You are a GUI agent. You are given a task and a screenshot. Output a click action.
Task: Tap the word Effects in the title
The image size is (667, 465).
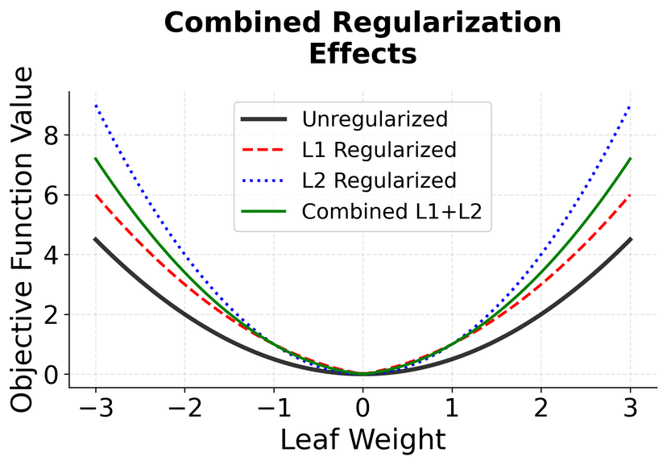click(x=362, y=55)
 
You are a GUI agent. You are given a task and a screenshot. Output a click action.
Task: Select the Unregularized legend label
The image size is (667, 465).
click(x=375, y=120)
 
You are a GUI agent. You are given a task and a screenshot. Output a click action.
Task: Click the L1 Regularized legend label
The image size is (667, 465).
click(x=379, y=150)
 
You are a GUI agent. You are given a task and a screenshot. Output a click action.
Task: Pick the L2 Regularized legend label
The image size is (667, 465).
click(x=379, y=180)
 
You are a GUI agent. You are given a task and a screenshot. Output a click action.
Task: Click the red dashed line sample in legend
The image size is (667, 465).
click(x=264, y=150)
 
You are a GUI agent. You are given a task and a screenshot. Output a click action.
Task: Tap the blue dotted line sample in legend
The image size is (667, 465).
click(x=264, y=180)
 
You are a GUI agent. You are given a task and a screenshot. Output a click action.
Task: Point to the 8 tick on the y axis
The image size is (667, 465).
click(x=52, y=135)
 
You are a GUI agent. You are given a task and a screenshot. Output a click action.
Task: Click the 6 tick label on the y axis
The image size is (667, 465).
click(x=52, y=195)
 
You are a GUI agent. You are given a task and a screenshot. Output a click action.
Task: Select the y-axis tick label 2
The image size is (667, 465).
click(x=52, y=315)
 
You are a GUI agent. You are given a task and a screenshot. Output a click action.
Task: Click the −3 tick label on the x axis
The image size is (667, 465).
click(x=96, y=408)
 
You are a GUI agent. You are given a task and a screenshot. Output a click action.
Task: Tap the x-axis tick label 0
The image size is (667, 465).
click(x=363, y=408)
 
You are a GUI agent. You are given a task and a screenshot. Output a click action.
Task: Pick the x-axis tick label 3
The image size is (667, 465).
click(x=631, y=408)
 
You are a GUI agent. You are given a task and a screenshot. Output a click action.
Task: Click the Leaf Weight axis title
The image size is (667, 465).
click(x=362, y=441)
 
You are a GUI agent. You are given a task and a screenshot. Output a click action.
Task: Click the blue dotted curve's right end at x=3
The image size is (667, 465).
click(x=630, y=106)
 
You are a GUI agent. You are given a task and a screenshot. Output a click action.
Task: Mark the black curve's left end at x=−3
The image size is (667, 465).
click(x=96, y=239)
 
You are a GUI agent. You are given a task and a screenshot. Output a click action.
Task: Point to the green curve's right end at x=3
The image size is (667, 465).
click(x=630, y=159)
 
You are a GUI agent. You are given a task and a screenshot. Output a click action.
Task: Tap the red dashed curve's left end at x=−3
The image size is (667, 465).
click(x=96, y=195)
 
